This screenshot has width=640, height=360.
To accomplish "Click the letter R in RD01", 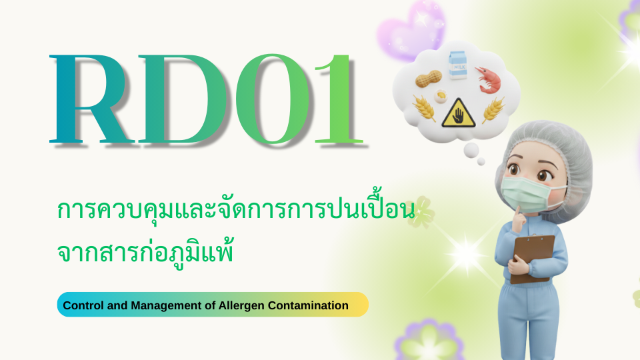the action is click(90, 99).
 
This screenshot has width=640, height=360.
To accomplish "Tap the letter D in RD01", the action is click(181, 99).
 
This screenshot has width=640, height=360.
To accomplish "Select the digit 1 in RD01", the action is click(339, 99).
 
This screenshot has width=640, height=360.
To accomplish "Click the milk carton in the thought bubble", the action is click(457, 65).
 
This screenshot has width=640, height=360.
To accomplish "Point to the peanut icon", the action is click(429, 79).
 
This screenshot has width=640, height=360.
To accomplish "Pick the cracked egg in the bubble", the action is click(441, 96).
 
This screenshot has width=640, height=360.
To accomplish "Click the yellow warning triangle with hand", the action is click(459, 113).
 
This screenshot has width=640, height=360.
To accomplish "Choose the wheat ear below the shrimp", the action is click(493, 109).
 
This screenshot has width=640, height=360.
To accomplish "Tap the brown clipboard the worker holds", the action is click(532, 259).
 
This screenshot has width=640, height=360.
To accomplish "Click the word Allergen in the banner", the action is click(241, 305).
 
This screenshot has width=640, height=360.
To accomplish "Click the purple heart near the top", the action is click(410, 31).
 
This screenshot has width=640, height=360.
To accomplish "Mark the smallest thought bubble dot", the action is click(481, 161).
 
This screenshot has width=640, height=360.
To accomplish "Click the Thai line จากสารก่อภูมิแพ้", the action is click(145, 251).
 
